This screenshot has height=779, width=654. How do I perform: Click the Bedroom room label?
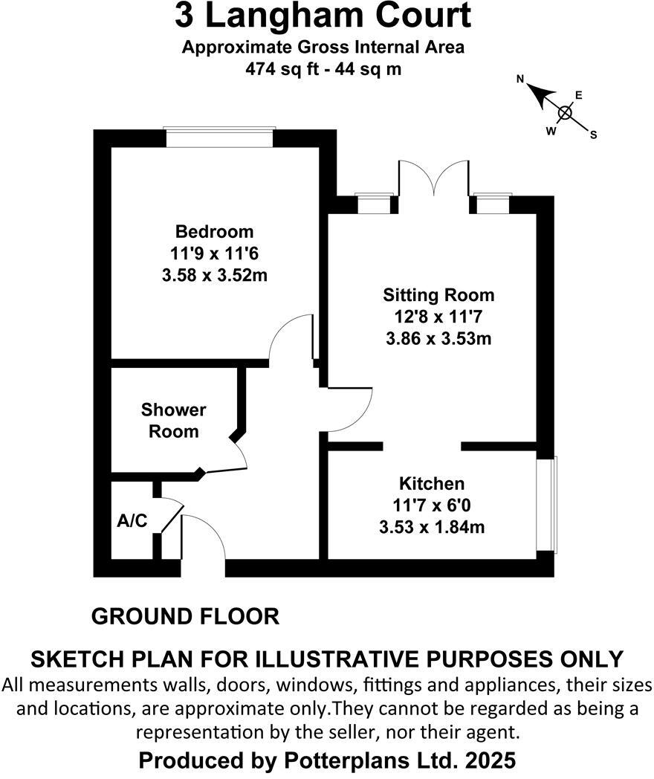pyautogui.click(x=214, y=231)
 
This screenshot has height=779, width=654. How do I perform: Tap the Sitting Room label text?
pyautogui.click(x=438, y=295)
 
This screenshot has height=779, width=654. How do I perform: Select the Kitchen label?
pyautogui.click(x=432, y=483)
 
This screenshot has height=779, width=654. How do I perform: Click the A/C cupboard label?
pyautogui.click(x=132, y=521)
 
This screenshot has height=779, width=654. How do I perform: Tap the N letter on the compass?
pyautogui.click(x=521, y=79)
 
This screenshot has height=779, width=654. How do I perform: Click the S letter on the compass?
pyautogui.click(x=594, y=135)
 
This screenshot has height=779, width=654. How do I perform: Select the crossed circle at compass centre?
pyautogui.click(x=565, y=113)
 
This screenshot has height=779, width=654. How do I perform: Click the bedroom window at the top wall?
pyautogui.click(x=219, y=138)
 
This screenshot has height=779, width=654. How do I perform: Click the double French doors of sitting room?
pyautogui.click(x=434, y=178)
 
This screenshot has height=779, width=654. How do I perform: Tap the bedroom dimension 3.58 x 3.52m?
pyautogui.click(x=214, y=275)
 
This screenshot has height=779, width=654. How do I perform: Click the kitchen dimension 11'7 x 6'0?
pyautogui.click(x=432, y=505)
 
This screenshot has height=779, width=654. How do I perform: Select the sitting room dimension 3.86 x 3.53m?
pyautogui.click(x=438, y=339)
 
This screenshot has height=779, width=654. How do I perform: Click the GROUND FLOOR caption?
pyautogui.click(x=185, y=616)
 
